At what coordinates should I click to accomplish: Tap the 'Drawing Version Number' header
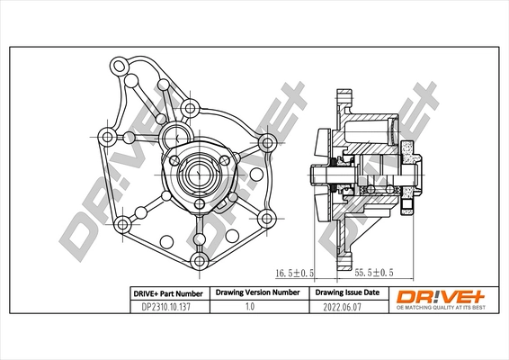(x=257, y=293)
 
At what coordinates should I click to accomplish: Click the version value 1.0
(x=257, y=306)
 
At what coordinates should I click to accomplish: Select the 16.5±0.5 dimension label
(x=293, y=270)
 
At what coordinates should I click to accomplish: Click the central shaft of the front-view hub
(x=197, y=170)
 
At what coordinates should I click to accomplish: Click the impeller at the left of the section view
(x=321, y=171)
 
